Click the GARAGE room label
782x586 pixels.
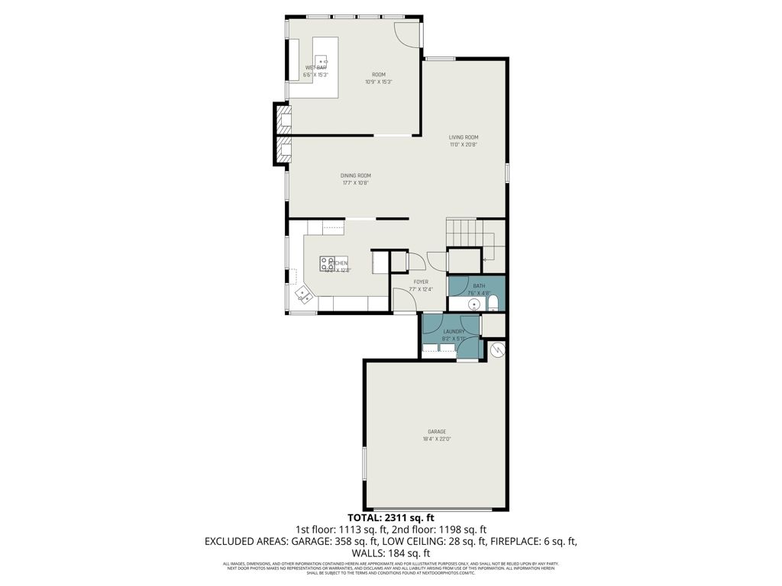click(437, 432)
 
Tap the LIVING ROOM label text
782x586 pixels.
click(463, 137)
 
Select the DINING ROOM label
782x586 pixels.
click(355, 175)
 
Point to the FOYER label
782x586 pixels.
click(421, 282)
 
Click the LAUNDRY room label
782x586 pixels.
click(454, 332)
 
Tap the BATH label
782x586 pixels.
click(478, 286)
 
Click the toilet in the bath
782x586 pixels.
click(493, 303)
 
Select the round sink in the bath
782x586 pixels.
click(474, 304)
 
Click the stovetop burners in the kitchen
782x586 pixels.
click(327, 263)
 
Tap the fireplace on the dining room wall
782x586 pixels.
click(282, 136)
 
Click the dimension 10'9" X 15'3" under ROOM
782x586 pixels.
click(378, 82)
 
